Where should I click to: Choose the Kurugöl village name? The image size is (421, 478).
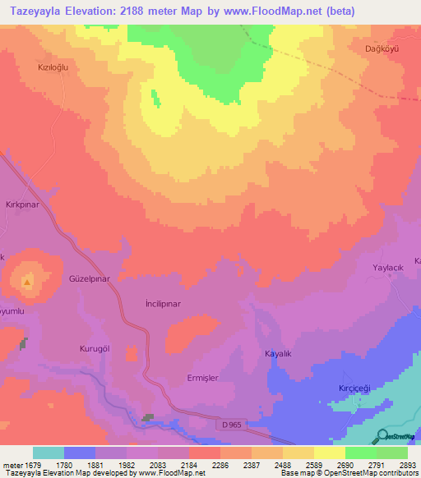pos(95,348)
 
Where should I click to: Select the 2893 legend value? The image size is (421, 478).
pos(405,466)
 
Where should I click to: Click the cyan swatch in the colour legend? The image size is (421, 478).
pos(48,453)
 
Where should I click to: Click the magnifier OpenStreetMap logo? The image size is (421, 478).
pos(383,435)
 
